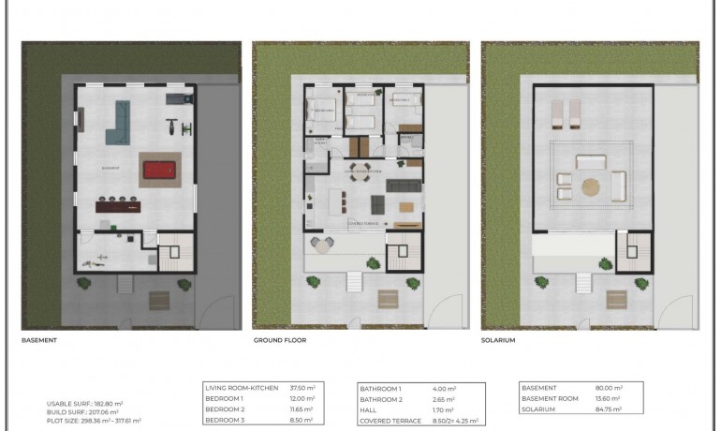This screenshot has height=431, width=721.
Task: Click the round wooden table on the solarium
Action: point(591,185)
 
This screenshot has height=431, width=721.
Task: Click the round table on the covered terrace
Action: point(323,245)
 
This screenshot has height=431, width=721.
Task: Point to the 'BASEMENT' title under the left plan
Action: point(39,340)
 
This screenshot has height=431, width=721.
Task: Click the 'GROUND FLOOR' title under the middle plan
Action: point(280,340)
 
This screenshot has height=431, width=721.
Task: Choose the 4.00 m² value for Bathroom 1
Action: point(445,388)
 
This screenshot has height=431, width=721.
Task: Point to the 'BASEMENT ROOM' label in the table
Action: point(552,398)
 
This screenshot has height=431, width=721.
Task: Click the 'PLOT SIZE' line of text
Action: point(94,420)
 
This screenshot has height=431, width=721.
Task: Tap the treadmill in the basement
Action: point(175,97)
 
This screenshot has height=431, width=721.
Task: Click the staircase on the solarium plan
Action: point(633,250)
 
